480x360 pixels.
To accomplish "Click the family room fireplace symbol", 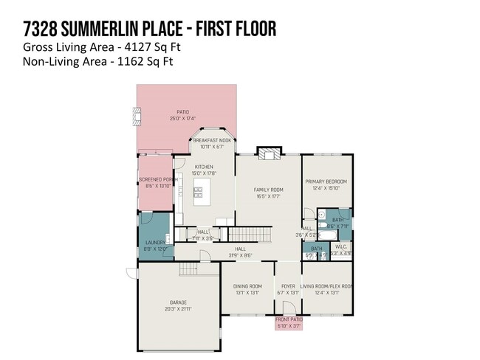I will [268, 153].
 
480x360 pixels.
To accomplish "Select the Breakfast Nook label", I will [213, 140].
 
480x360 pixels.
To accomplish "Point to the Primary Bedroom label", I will [326, 181].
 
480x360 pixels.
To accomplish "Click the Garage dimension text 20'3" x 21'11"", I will [178, 309].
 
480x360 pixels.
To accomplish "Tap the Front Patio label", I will [288, 319].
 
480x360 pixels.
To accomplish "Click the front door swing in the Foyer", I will [289, 308].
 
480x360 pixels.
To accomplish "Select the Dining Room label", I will [247, 286].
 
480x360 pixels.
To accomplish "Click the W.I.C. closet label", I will [340, 246].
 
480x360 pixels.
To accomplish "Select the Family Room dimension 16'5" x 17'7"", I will [268, 197].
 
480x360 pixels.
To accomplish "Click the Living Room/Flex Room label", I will [326, 286].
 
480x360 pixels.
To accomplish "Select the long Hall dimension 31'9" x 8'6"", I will [240, 256].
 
